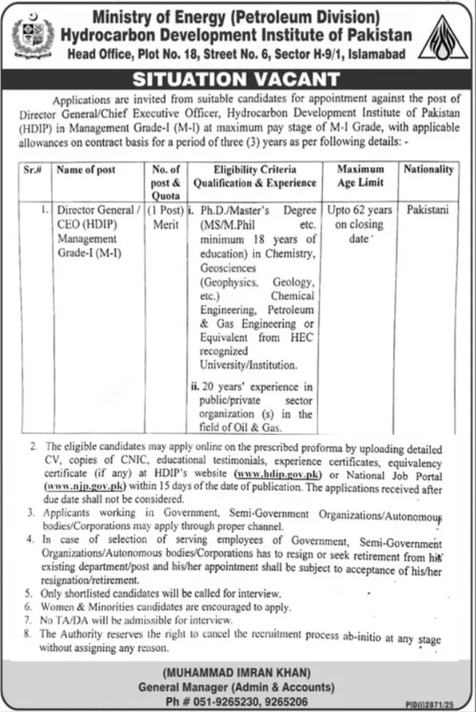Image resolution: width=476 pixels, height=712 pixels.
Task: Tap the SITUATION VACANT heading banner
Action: (238, 79)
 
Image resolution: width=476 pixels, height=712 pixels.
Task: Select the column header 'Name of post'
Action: (85, 170)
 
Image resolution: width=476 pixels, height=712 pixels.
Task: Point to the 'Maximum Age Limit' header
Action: (360, 176)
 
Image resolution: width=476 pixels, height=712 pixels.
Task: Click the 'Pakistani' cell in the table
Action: (425, 209)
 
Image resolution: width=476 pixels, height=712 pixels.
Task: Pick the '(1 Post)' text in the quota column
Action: (167, 209)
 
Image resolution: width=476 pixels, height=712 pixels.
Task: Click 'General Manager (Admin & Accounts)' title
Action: (238, 684)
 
